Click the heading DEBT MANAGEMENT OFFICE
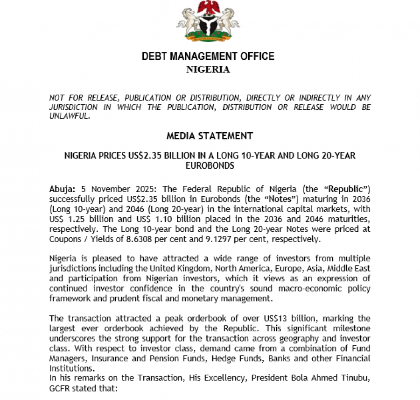tap(208, 57)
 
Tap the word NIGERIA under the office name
tap(208, 70)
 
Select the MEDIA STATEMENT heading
tap(210, 136)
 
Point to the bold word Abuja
tap(62, 189)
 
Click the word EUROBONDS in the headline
tap(210, 165)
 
